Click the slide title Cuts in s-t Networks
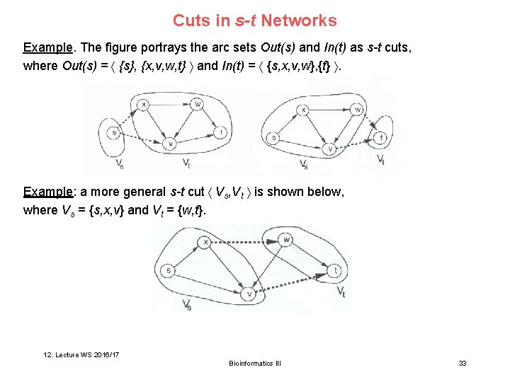(x=255, y=21)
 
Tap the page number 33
(x=463, y=363)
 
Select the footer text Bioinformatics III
(x=255, y=363)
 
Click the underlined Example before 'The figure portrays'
(x=49, y=48)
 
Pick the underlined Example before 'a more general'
(x=49, y=192)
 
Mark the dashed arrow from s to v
(x=142, y=138)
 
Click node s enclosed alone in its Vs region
(x=113, y=132)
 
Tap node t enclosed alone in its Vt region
(x=381, y=138)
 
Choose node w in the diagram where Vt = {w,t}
(x=286, y=240)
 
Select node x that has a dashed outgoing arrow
(x=205, y=242)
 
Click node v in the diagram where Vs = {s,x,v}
(x=249, y=293)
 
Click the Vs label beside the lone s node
(x=119, y=165)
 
